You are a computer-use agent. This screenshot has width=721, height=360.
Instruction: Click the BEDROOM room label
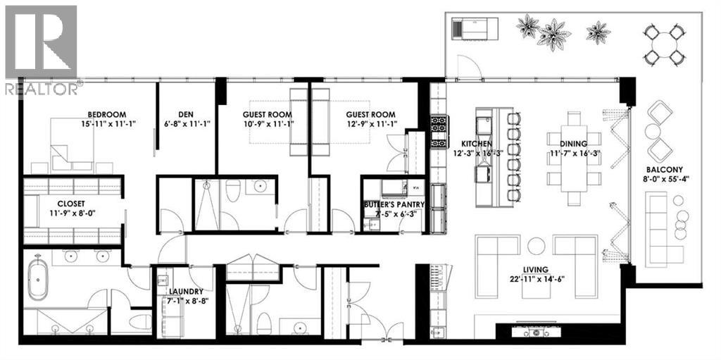point(106,115)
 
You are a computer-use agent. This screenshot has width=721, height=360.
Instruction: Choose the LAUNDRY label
point(186,291)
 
